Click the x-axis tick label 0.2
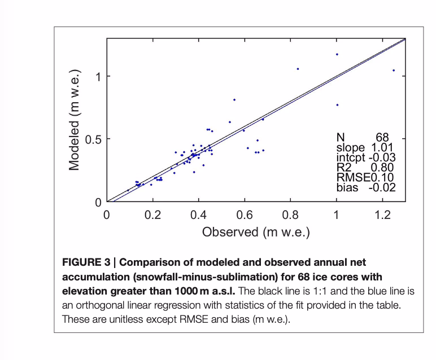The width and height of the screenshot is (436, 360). click(152, 215)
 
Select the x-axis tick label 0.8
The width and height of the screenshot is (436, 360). click(290, 215)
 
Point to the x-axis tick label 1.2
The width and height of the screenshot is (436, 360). click(382, 215)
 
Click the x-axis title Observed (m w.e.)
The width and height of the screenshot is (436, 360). click(256, 232)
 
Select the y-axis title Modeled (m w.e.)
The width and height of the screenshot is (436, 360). click(75, 120)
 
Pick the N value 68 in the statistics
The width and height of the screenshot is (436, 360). click(382, 137)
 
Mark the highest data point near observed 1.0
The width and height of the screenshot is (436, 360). click(337, 54)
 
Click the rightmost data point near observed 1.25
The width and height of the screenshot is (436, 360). click(394, 71)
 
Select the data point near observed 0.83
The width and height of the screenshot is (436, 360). click(298, 69)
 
